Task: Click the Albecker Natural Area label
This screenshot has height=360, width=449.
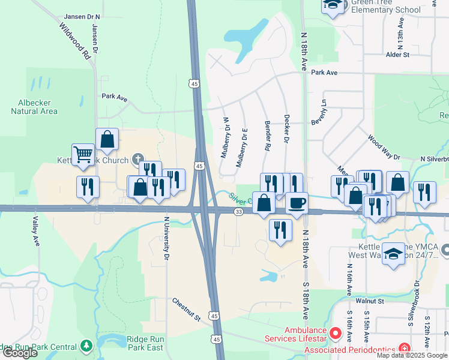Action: click(34, 106)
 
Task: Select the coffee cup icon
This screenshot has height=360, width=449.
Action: click(296, 203)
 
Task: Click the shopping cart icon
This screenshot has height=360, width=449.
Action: click(82, 154)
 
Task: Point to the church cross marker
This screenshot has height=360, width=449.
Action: click(137, 160)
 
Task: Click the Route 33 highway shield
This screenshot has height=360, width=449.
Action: click(239, 212)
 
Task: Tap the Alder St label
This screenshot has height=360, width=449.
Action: click(397, 55)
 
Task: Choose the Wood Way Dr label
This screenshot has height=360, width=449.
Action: click(384, 148)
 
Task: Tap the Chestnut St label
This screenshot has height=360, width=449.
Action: click(185, 309)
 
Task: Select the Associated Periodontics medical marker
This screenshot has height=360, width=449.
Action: click(405, 349)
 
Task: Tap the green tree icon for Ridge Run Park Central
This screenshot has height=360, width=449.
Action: click(86, 346)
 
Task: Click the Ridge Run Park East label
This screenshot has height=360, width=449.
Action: click(145, 343)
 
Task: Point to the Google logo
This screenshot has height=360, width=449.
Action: click(20, 353)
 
